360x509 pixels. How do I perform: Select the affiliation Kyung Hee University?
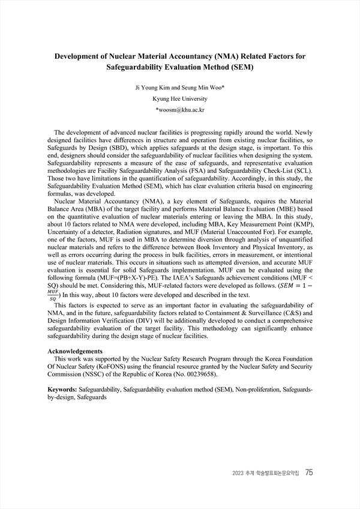[x=180, y=99]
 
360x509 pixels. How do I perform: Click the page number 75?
[x=309, y=472]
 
